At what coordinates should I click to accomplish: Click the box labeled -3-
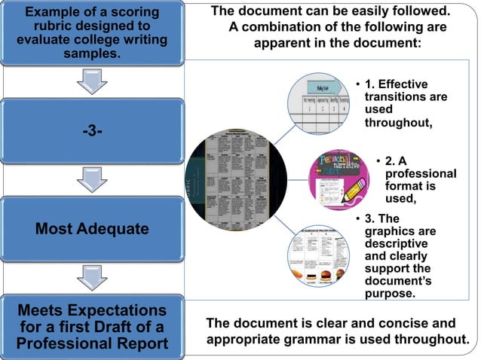coord(92,131)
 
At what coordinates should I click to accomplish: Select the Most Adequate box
coord(92,228)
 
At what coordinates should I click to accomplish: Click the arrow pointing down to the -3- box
coord(92,81)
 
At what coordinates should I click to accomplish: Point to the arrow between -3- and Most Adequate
coord(92,179)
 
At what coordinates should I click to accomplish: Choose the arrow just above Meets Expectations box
coord(92,276)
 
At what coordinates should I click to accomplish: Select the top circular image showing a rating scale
coord(317,106)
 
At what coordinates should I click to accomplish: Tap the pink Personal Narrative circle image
coord(339,180)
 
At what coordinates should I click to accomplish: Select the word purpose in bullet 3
coord(390,293)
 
